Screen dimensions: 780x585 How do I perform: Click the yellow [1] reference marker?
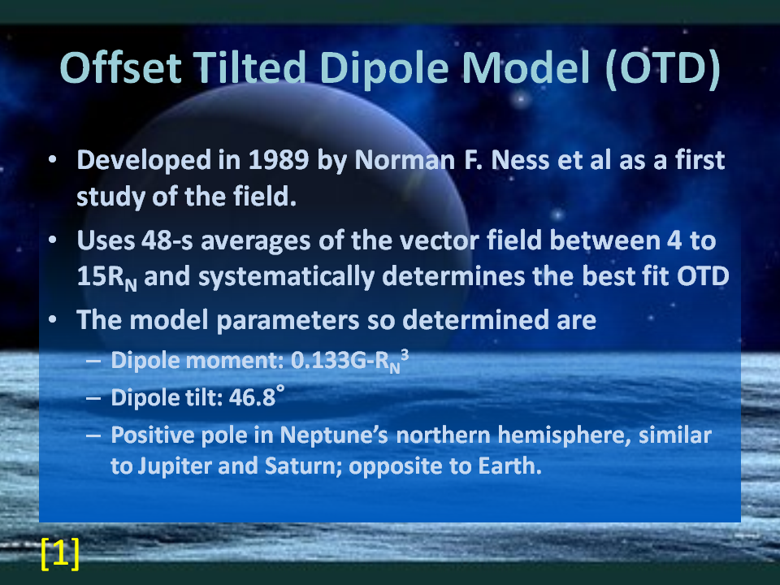click(59, 552)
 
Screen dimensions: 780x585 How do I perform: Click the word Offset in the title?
click(121, 67)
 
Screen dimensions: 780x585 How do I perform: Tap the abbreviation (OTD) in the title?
click(663, 68)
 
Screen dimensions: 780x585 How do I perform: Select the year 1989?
click(279, 160)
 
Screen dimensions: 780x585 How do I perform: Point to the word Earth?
click(509, 466)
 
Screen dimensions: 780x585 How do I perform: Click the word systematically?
click(286, 277)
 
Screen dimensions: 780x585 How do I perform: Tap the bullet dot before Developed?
click(53, 160)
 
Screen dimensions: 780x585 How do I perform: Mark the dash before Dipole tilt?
click(93, 398)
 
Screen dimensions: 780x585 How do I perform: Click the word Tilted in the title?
click(249, 67)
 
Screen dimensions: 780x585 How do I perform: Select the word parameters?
click(288, 321)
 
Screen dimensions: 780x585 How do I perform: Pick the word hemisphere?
click(564, 435)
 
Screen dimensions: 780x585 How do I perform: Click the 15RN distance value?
click(107, 277)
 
